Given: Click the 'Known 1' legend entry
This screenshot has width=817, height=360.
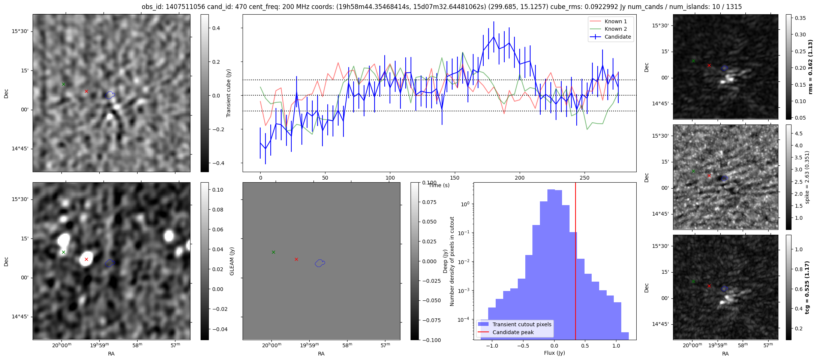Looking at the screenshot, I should [616, 21].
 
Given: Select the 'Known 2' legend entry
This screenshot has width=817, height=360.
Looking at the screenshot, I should [616, 29].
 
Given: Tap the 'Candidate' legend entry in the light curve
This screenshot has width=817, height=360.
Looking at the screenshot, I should [618, 37].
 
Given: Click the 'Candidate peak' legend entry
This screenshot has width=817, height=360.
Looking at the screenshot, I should [513, 332].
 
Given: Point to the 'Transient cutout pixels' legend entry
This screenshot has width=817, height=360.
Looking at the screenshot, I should [522, 324].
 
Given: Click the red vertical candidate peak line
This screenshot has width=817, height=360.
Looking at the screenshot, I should [576, 262].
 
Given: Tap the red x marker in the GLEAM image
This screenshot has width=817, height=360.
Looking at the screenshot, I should [86, 259].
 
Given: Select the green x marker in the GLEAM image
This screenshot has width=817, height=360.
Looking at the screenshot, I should [63, 252].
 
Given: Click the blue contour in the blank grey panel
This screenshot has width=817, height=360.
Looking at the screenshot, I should [319, 263].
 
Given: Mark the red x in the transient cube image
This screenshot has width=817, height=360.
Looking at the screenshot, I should [86, 91].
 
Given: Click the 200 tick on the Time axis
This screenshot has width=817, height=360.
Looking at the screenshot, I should [520, 178].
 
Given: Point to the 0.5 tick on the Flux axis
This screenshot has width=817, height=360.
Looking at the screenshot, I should [585, 346].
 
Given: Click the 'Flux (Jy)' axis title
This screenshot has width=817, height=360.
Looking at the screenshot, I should [555, 353].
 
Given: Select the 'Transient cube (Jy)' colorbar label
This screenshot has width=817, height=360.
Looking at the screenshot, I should [228, 93].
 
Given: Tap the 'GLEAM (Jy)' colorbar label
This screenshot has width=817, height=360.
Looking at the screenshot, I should [232, 261].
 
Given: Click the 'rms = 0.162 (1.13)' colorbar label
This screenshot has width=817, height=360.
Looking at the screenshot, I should [810, 67].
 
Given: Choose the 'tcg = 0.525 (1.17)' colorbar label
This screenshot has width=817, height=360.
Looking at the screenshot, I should [807, 287].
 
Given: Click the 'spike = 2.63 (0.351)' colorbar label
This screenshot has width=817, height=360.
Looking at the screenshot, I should [807, 177].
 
